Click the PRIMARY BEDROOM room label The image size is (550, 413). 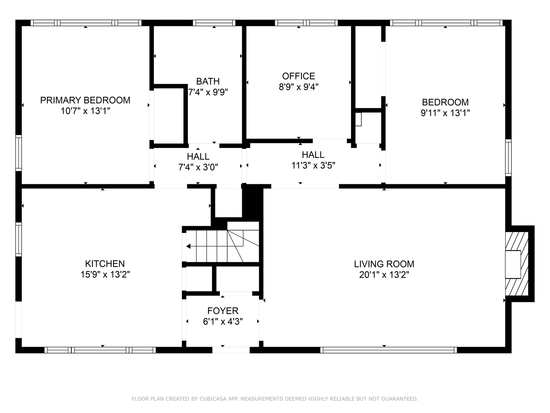click(x=85, y=100)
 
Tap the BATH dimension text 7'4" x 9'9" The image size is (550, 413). click(x=208, y=92)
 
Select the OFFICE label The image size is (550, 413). click(x=298, y=76)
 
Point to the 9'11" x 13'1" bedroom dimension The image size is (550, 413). click(x=445, y=113)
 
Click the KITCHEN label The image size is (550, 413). click(x=105, y=263)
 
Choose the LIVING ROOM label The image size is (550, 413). click(x=384, y=264)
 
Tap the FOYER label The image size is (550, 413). click(x=223, y=311)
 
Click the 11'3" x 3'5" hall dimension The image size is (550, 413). click(x=313, y=166)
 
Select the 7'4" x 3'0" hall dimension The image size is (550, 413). click(x=198, y=167)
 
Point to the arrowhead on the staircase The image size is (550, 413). click(x=188, y=246)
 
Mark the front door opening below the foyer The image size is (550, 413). click(x=231, y=350)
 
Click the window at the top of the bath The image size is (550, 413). click(x=214, y=23)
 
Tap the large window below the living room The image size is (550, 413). click(x=388, y=350)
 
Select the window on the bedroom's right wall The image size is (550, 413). click(x=508, y=158)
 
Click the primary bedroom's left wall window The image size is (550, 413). click(x=19, y=153)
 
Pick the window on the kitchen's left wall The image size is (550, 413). click(x=19, y=240)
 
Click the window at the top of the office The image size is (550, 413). click(x=306, y=23)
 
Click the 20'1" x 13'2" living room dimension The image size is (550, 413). click(x=384, y=275)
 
